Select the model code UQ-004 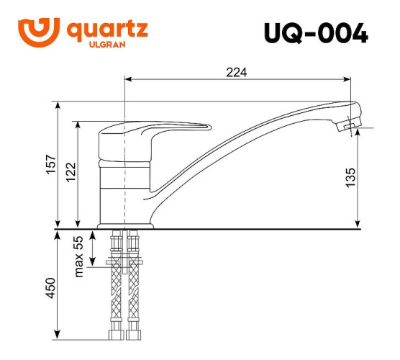tap(316, 33)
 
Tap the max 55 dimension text tap(80, 256)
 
